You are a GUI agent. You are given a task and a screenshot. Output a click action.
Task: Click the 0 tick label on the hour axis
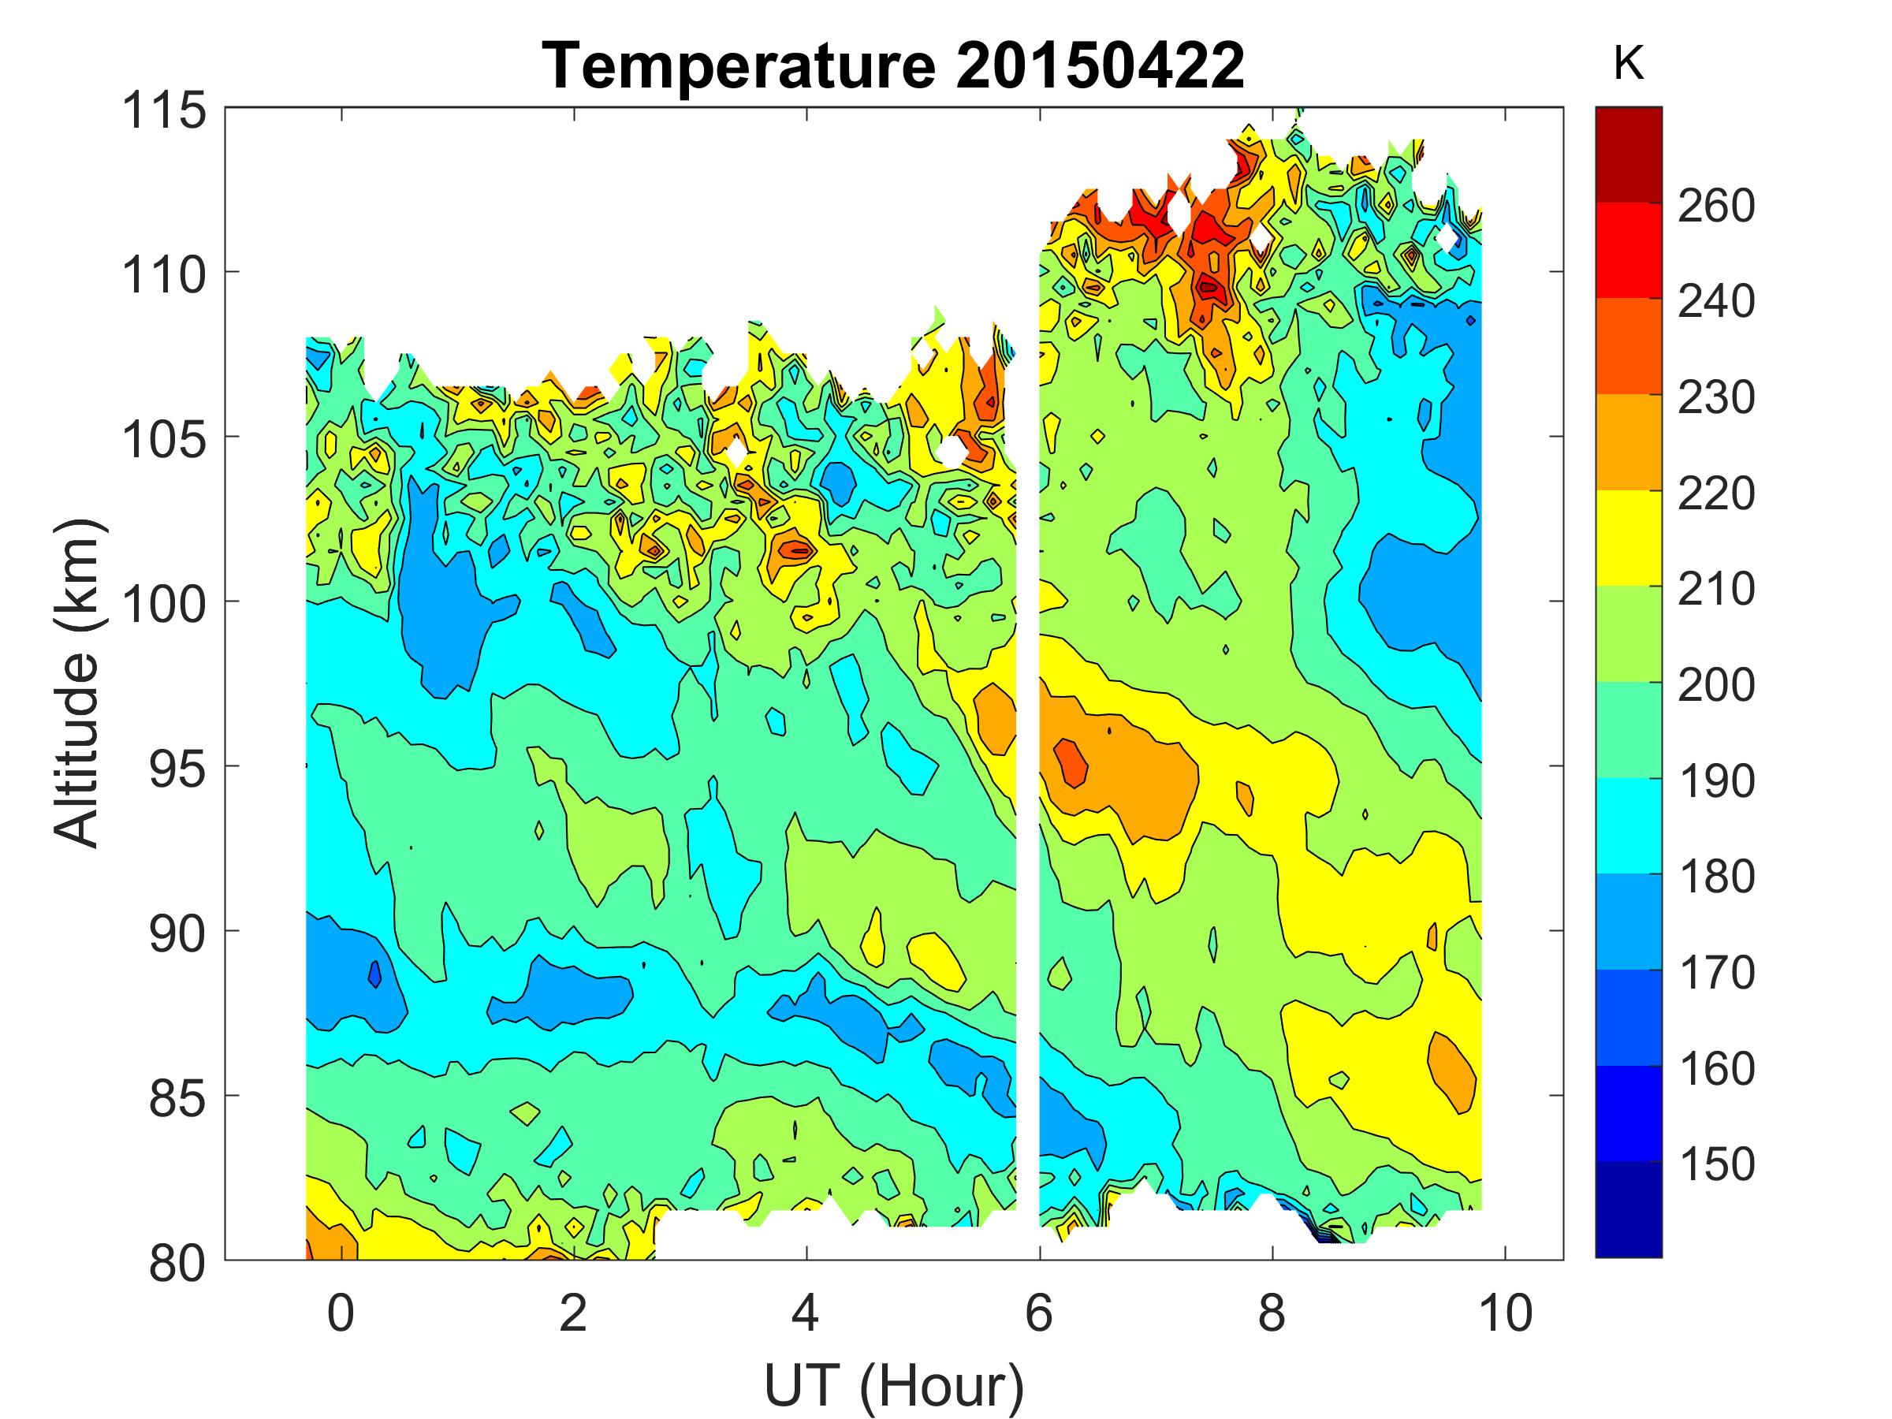point(341,1313)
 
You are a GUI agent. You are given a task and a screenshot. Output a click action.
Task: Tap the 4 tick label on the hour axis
point(806,1313)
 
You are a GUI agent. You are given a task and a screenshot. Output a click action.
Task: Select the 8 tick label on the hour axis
point(1272,1313)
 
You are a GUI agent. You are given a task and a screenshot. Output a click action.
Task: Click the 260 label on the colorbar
point(1715,205)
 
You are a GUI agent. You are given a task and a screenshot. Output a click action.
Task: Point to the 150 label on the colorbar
point(1715,1164)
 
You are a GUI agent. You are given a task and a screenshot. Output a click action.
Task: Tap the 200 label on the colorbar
point(1715,685)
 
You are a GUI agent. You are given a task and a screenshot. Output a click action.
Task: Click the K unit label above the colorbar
point(1629,64)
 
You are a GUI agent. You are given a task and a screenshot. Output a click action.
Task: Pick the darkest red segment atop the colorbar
point(1629,154)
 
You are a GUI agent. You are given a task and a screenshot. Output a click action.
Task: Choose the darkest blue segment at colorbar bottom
point(1629,1209)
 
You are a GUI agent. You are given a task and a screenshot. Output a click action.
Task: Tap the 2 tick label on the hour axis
point(573,1313)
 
